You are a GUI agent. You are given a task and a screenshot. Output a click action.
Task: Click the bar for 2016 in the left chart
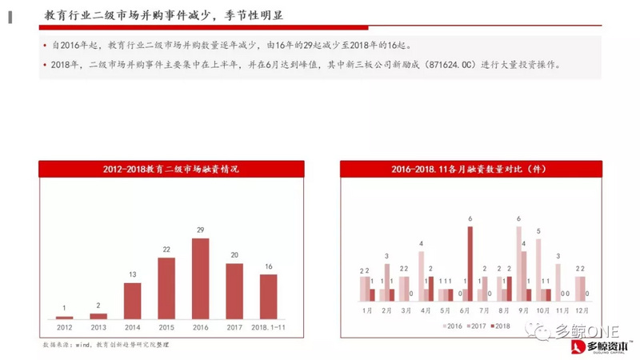coord(200,278)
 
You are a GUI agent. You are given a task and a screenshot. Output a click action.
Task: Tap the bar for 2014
coord(132,300)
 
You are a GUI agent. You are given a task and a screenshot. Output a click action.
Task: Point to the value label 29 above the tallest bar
coord(200,230)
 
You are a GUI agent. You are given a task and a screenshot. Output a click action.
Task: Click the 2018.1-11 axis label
coord(268,326)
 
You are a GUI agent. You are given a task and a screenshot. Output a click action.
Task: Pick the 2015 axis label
coord(166,326)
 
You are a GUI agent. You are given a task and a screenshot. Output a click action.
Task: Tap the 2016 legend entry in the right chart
coord(452,326)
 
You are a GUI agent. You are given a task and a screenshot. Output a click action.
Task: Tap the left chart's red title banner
coord(171,169)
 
